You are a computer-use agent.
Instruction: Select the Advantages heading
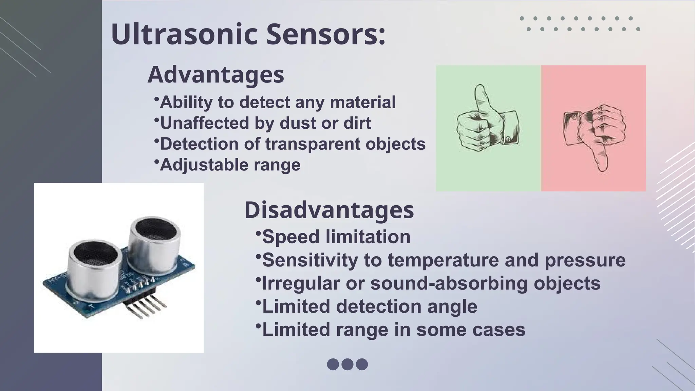[216, 75]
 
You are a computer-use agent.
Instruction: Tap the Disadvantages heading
[329, 210]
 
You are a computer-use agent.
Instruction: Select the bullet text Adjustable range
[230, 165]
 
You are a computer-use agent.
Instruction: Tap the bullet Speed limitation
[336, 237]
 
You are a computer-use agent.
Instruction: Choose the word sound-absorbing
[449, 283]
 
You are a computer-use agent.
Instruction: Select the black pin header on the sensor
[146, 305]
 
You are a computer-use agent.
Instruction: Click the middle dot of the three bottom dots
[347, 364]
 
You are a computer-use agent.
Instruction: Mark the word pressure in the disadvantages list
[585, 260]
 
